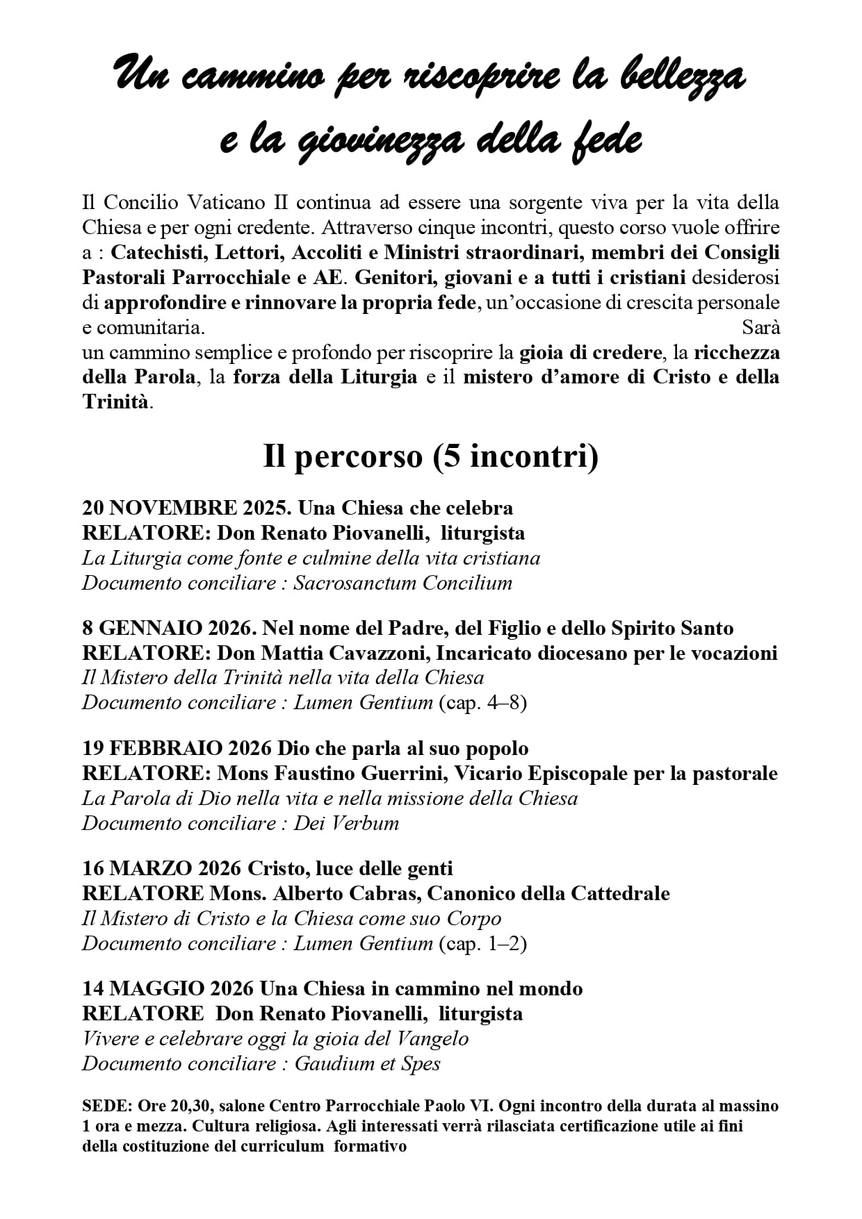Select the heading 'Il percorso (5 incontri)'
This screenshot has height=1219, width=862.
point(430,456)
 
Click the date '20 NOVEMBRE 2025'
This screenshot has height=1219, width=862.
point(185,508)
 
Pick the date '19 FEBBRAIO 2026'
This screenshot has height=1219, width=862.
point(177,748)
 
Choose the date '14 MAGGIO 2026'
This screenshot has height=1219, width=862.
point(168,988)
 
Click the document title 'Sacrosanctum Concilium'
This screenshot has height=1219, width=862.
point(402,583)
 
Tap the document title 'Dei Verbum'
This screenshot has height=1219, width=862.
point(346,823)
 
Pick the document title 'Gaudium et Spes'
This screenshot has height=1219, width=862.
point(367,1063)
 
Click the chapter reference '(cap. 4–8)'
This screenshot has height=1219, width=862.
point(482,703)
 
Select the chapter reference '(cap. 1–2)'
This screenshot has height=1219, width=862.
point(482,943)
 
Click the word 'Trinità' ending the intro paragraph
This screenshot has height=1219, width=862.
point(115,402)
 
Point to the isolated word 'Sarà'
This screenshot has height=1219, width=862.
point(761,327)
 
